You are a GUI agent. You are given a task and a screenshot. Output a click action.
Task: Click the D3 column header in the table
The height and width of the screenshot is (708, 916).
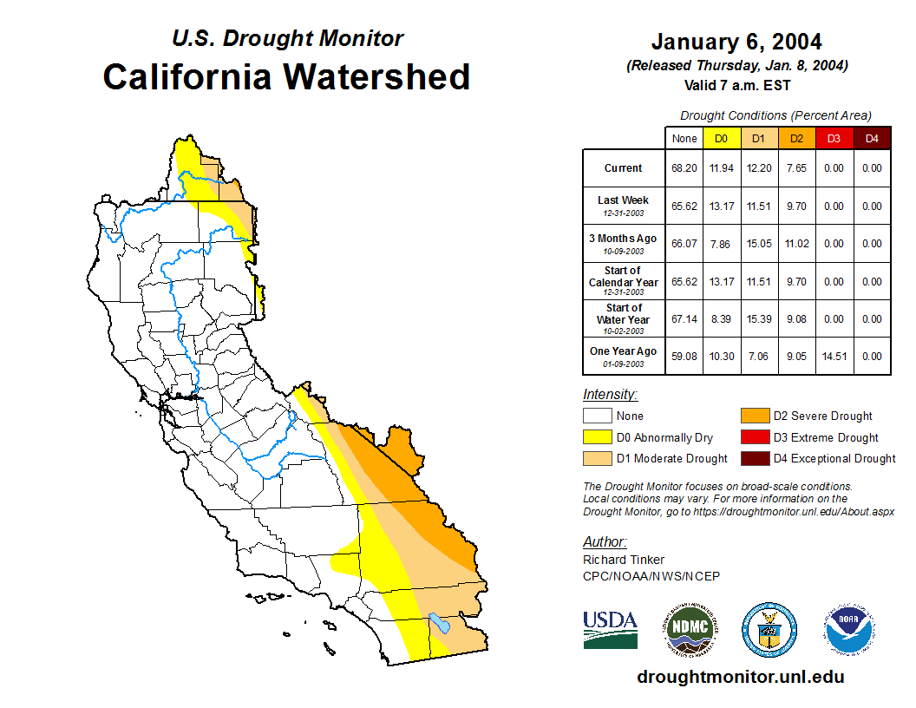(834, 138)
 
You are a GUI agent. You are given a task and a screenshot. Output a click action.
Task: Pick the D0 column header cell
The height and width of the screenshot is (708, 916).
(721, 138)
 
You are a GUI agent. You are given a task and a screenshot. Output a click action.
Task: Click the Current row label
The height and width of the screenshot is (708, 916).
(624, 168)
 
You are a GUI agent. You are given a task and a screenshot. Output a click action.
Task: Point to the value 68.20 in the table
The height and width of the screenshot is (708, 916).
(684, 168)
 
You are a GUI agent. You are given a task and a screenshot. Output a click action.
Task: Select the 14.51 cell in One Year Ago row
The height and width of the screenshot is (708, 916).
(834, 356)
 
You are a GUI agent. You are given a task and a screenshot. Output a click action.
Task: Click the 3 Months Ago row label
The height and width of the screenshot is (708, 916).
(624, 243)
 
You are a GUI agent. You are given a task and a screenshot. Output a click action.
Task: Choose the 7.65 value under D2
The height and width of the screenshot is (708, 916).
(796, 168)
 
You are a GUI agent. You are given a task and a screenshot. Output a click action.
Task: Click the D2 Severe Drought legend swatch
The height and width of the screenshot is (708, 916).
(754, 416)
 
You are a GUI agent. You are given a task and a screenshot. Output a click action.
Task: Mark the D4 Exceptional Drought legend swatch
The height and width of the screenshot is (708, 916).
(754, 458)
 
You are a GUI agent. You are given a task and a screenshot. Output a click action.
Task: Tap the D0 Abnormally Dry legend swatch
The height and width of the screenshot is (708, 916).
(597, 437)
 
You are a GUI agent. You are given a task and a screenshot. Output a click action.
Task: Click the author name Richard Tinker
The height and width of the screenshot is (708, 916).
(624, 560)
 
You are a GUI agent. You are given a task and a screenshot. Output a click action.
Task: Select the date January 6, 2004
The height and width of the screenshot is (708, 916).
(736, 42)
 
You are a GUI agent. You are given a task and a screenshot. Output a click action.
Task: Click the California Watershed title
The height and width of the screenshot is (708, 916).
(286, 76)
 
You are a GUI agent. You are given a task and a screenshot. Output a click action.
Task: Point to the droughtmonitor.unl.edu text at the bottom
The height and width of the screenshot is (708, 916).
(740, 677)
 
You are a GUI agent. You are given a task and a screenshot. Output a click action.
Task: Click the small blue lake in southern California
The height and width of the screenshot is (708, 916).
(439, 623)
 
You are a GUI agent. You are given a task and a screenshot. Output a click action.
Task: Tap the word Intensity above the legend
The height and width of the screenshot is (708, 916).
(610, 395)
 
